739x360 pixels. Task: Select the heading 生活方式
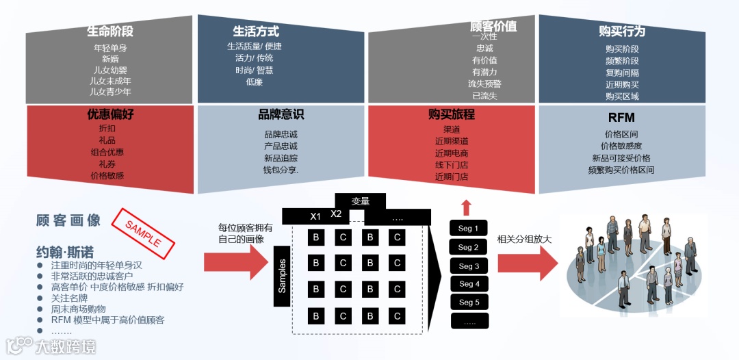coord(256,31)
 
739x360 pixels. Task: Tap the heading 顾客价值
coord(493,26)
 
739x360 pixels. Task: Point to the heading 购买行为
coord(621,31)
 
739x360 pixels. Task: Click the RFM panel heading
coord(621,118)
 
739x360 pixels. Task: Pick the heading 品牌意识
coord(281,115)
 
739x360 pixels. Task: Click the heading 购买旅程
coord(452,115)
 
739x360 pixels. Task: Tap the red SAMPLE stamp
coord(145,230)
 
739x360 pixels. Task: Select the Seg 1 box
coord(469,229)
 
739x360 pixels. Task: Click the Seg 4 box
coord(469,284)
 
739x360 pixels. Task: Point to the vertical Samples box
coord(282,276)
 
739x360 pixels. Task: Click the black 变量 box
coord(360,201)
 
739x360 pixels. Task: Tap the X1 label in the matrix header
coord(315,216)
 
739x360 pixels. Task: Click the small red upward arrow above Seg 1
coord(467,207)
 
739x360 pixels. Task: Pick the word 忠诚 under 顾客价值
coord(484,49)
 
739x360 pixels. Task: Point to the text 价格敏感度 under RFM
coord(621,146)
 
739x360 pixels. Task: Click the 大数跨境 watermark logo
coord(51,346)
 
